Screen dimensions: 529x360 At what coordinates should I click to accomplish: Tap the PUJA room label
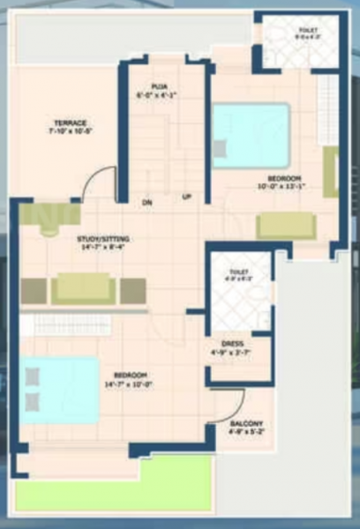tap(159, 86)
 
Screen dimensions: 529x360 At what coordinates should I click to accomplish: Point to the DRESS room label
tap(234, 344)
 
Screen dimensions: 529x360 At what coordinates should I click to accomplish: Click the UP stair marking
tap(186, 196)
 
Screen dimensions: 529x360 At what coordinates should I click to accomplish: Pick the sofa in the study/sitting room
tap(83, 288)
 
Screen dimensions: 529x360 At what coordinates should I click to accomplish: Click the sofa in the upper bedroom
tap(285, 226)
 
